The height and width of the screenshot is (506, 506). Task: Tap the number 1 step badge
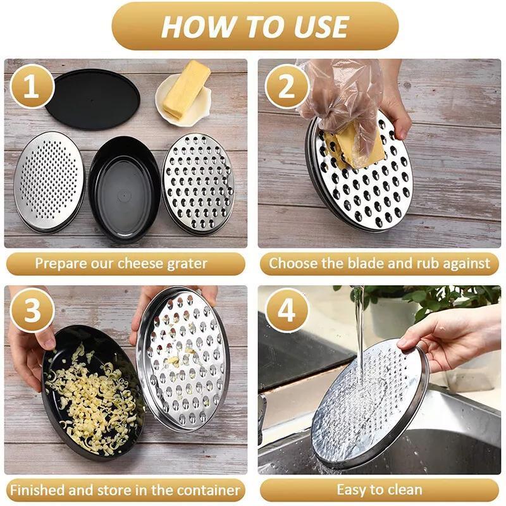pos(30,87)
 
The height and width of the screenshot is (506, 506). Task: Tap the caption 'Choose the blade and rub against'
pos(379,263)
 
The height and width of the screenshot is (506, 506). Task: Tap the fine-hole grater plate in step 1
pos(49,180)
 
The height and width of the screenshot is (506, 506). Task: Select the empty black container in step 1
pos(124,190)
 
